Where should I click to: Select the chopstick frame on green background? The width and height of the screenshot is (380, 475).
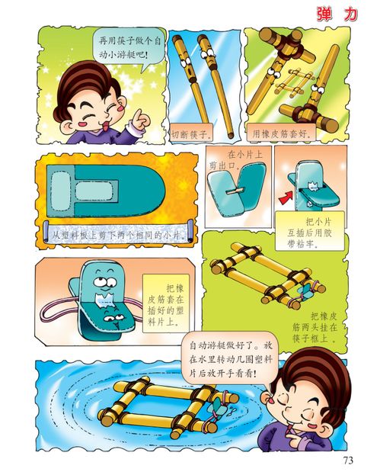(263, 278)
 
